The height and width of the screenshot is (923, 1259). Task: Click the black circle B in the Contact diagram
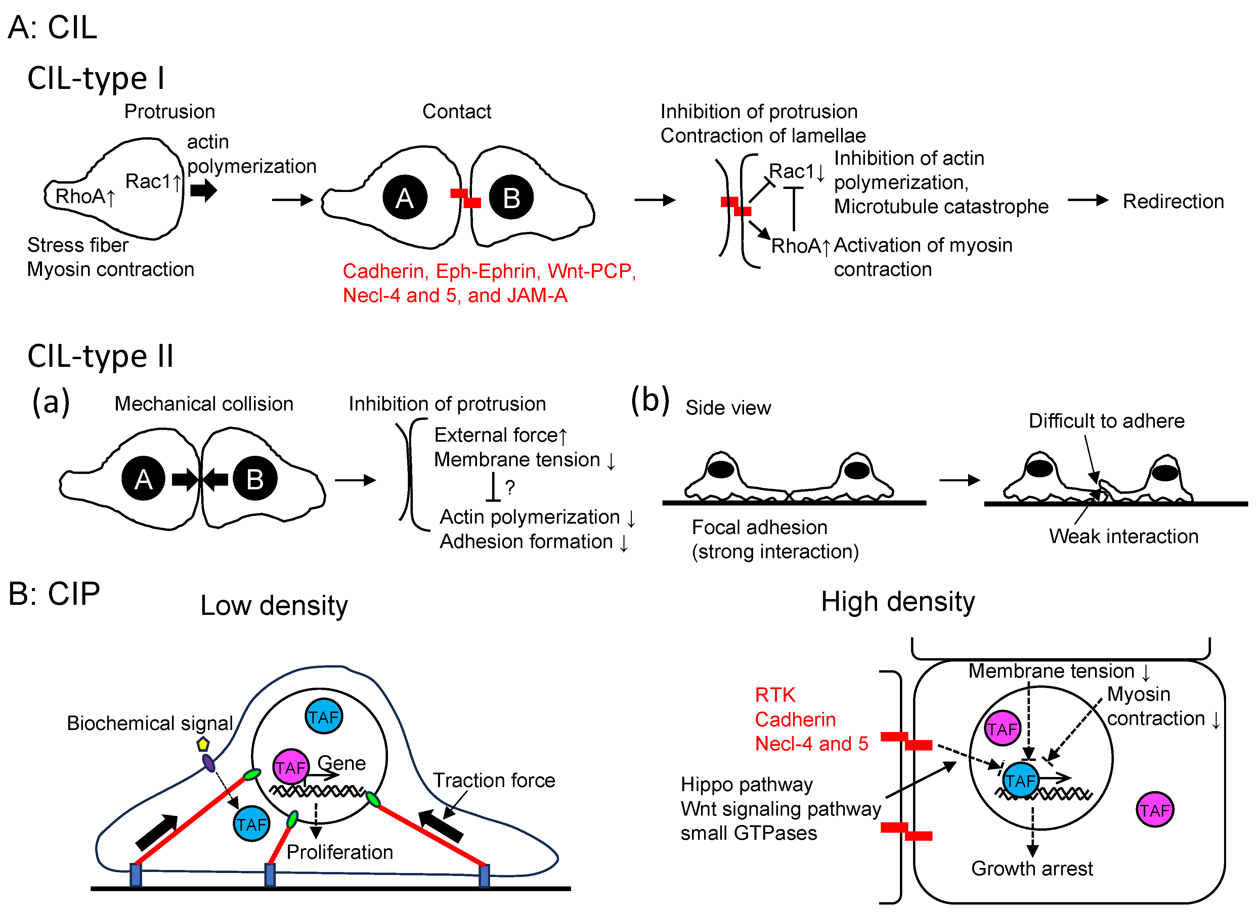511,198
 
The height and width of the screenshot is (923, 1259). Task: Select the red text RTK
775,695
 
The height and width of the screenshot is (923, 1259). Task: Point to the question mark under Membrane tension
509,487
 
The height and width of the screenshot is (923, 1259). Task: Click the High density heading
898,602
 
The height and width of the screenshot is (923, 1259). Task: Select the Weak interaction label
1124,536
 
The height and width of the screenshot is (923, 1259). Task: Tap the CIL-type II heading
101,356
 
